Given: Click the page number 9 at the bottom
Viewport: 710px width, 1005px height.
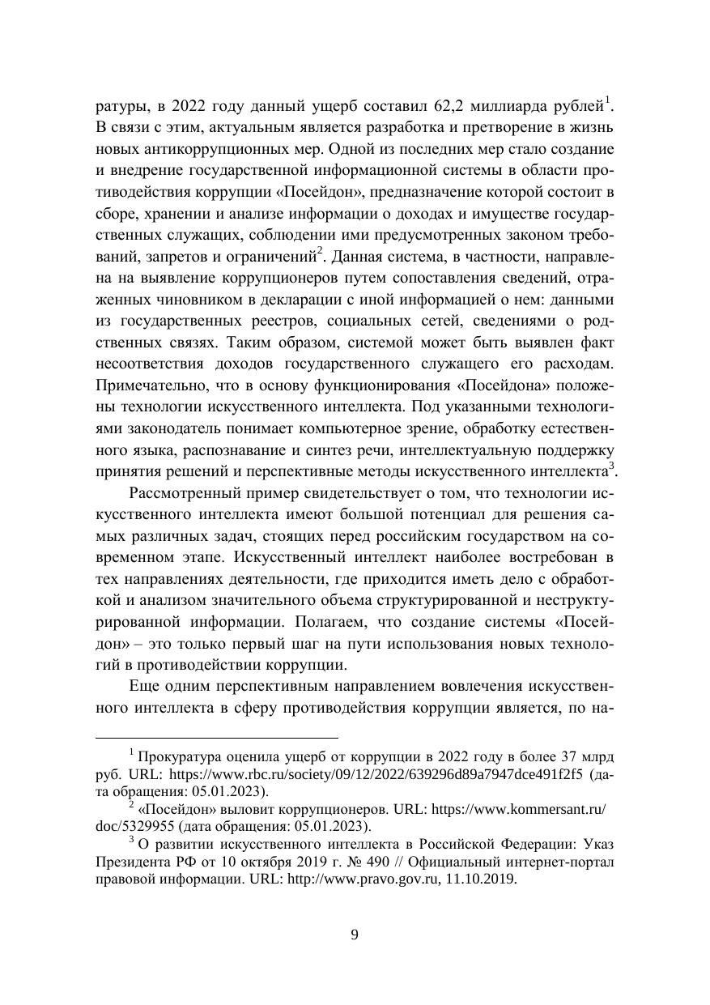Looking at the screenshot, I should pos(355,935).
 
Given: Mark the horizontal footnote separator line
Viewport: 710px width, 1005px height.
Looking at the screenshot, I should pos(216,738).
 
